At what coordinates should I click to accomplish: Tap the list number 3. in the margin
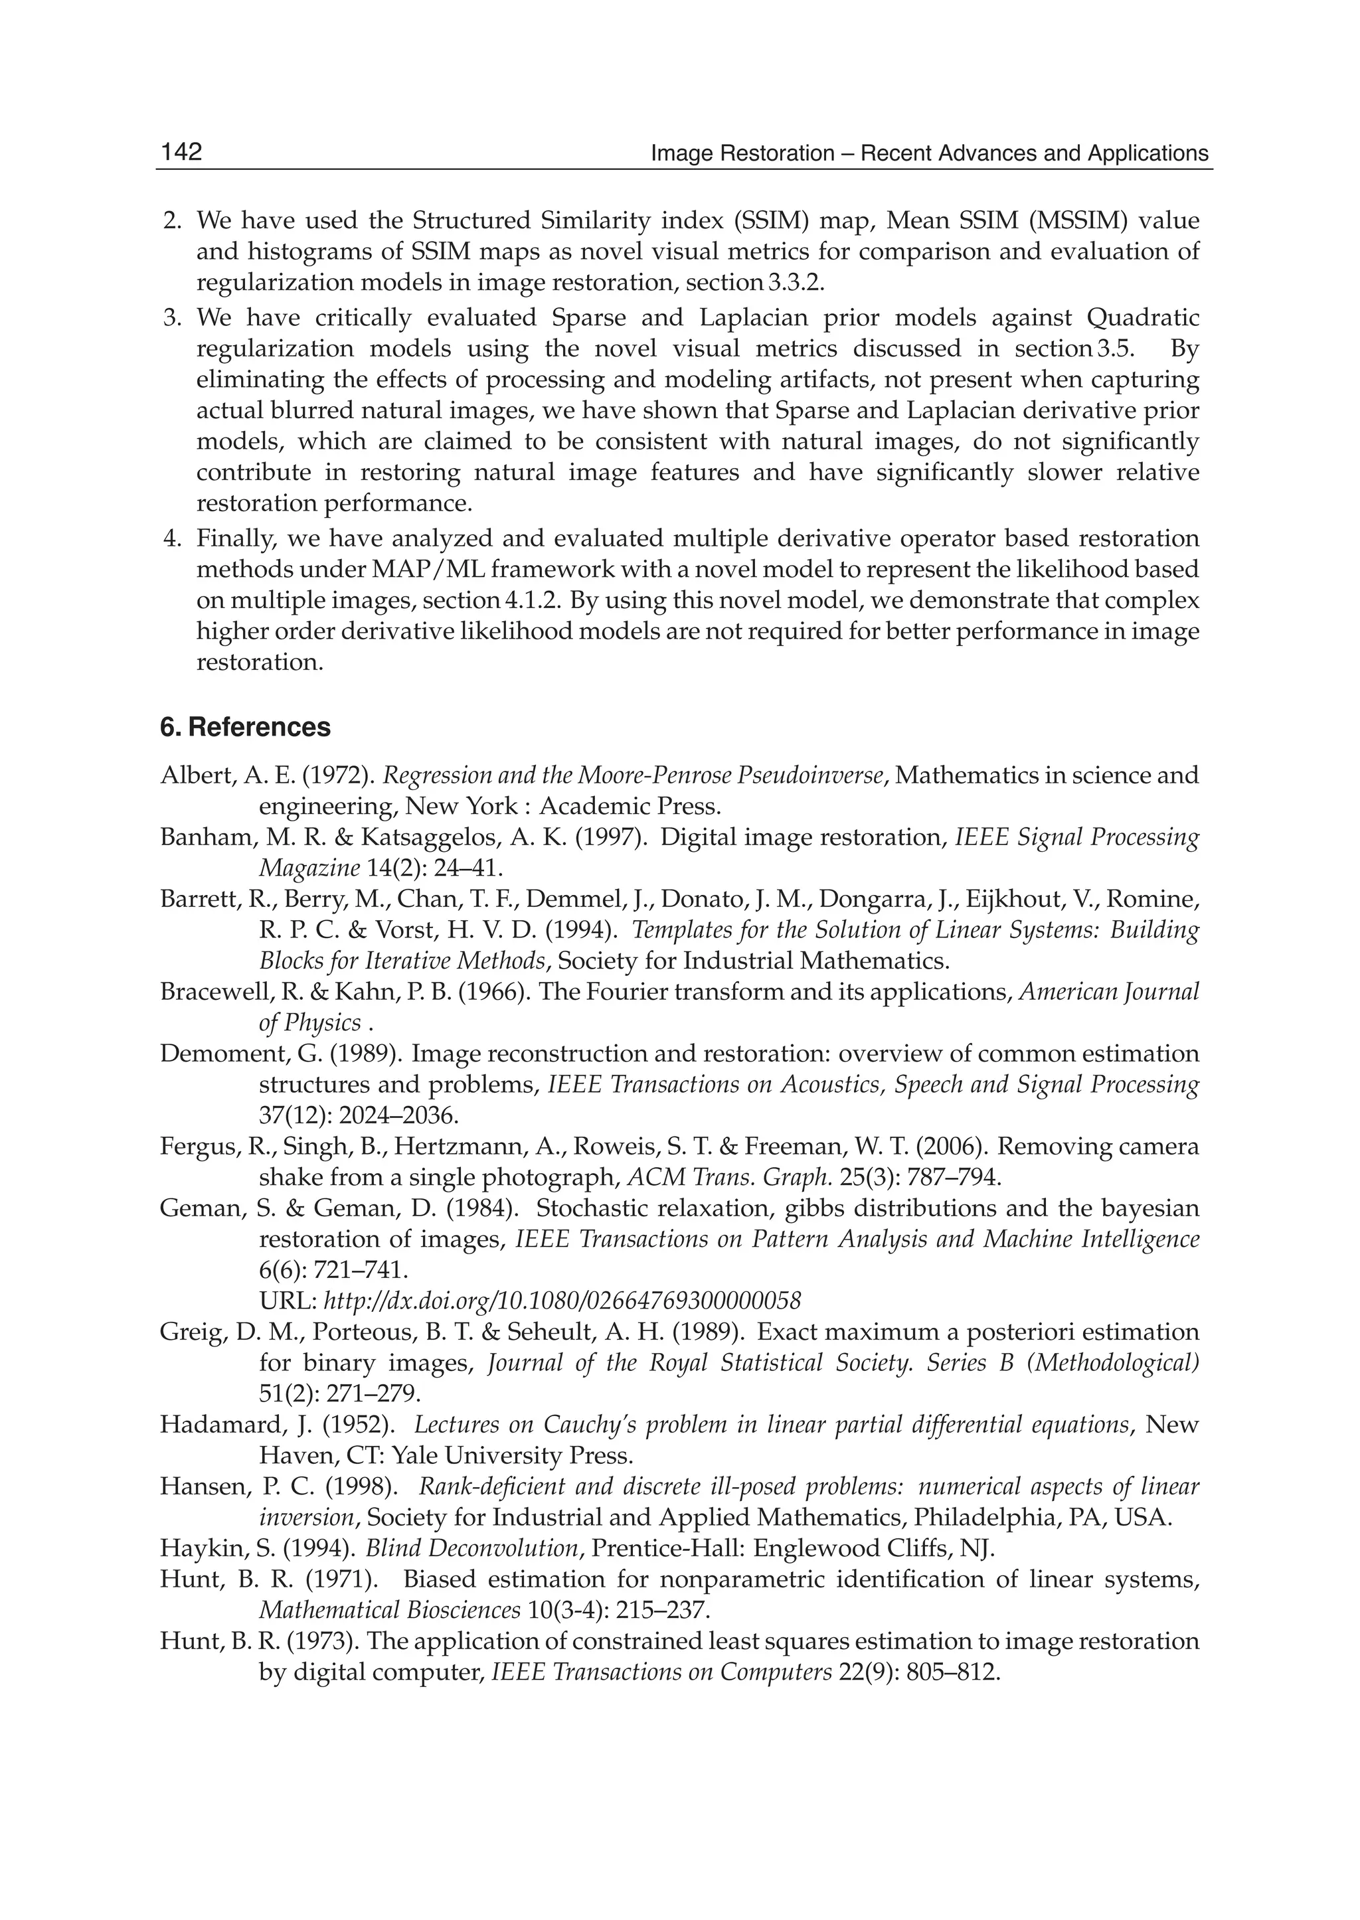tap(172, 317)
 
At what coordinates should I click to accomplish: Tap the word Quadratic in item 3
tap(1142, 317)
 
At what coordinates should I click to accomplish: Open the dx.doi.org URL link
tap(562, 1301)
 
